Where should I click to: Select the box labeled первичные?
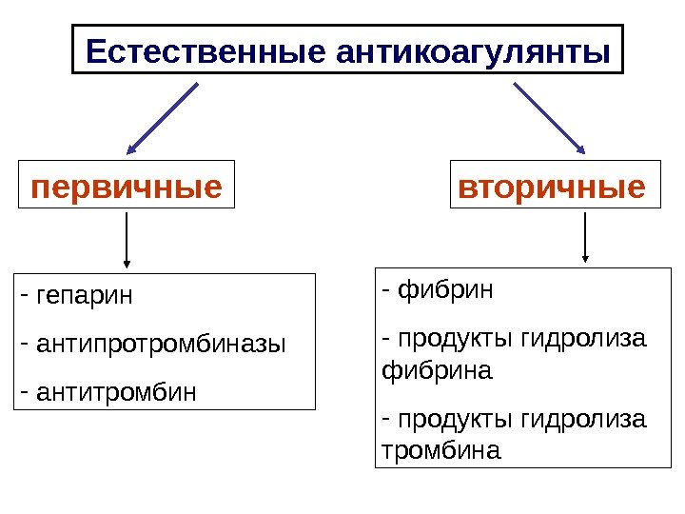click(x=127, y=185)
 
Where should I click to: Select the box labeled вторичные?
click(x=552, y=185)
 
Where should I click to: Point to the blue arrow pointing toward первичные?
click(x=163, y=118)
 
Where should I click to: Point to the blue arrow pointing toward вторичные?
click(x=549, y=118)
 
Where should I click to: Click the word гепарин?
click(x=85, y=295)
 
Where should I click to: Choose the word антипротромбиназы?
click(x=159, y=343)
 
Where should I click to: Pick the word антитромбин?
click(x=115, y=389)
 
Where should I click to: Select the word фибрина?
click(x=437, y=369)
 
